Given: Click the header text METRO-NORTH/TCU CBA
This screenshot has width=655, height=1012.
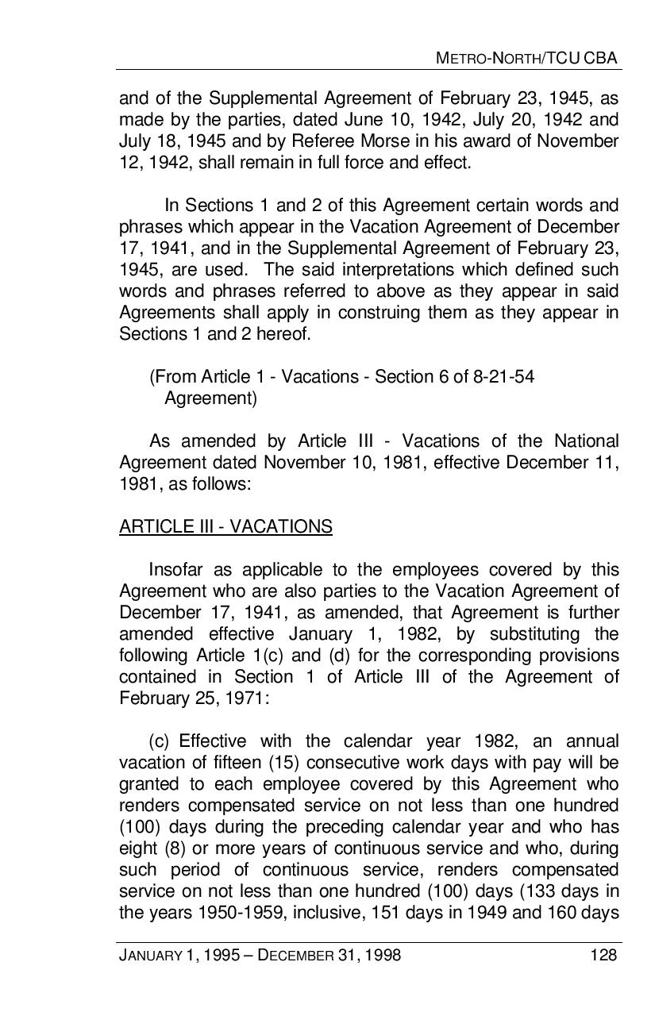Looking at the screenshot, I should click(x=527, y=58).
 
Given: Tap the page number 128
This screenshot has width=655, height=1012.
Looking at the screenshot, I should click(x=603, y=955).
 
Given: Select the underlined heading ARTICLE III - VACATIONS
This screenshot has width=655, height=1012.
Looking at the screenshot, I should click(x=225, y=526).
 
